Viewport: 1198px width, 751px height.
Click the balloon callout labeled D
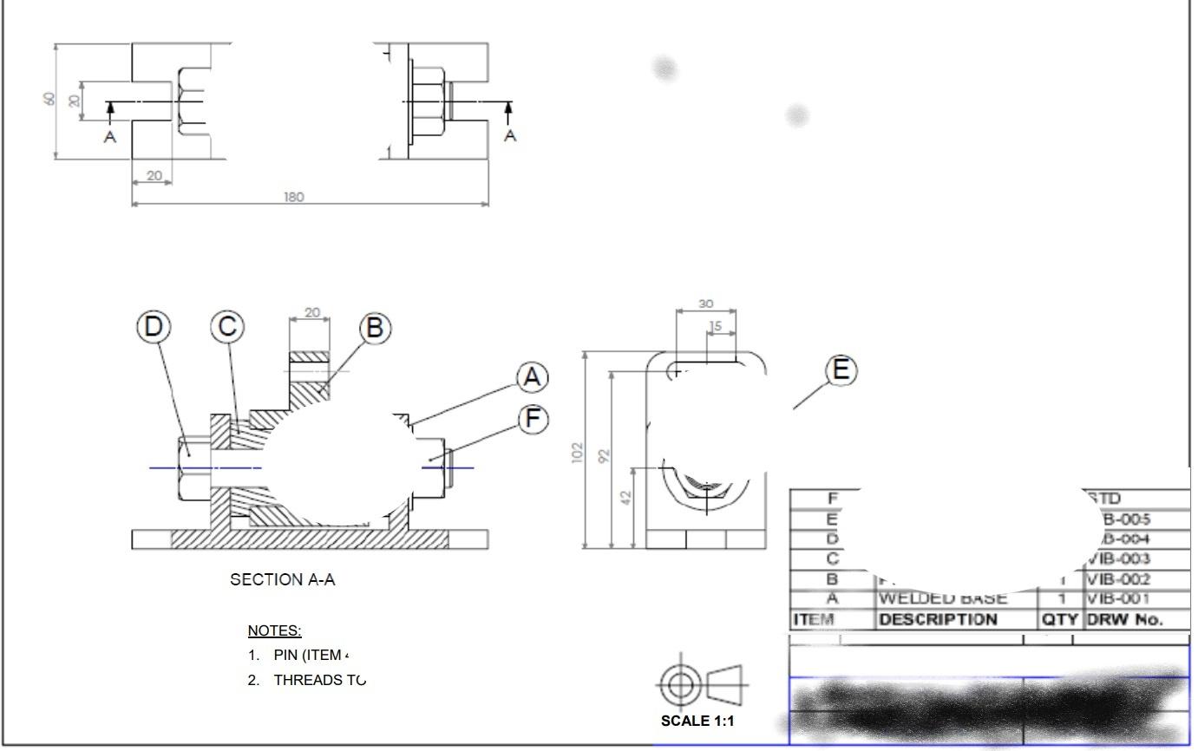click(154, 327)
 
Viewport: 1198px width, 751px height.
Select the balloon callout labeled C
click(227, 327)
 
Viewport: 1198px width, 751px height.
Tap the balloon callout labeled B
click(375, 328)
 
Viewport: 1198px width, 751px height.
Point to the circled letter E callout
click(840, 370)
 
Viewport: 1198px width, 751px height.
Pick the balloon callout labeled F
click(533, 419)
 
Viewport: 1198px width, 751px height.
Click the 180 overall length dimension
click(294, 197)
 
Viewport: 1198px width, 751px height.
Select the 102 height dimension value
click(578, 453)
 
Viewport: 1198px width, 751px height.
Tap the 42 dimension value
click(626, 497)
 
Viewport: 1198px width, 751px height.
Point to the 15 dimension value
click(715, 326)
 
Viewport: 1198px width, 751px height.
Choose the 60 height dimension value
click(49, 99)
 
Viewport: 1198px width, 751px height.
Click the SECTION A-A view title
click(282, 580)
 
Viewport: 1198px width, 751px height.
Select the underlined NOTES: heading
click(274, 630)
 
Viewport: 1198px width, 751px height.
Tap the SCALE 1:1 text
click(697, 721)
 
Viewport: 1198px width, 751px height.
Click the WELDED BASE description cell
click(943, 598)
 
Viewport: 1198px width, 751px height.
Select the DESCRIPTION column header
click(938, 619)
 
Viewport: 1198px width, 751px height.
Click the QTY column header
click(1059, 619)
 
